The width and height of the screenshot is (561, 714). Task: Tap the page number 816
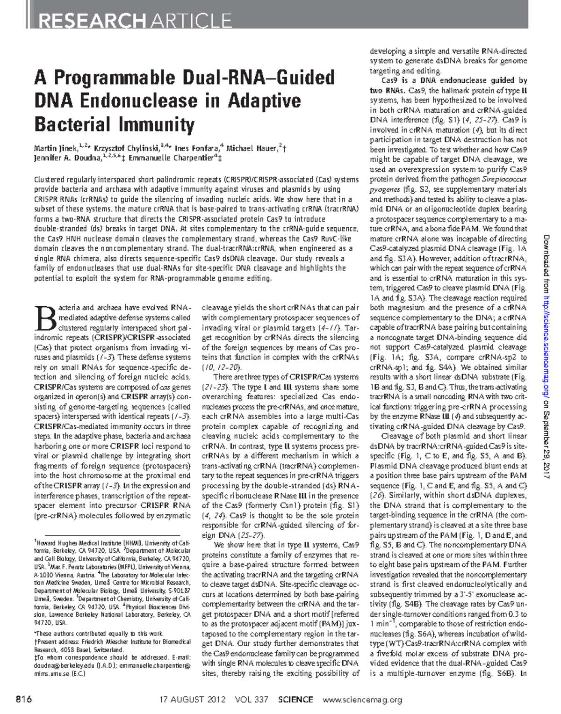coord(23,700)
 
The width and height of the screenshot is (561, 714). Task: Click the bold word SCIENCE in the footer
coord(295,700)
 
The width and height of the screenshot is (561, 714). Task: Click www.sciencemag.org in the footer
coord(362,700)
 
